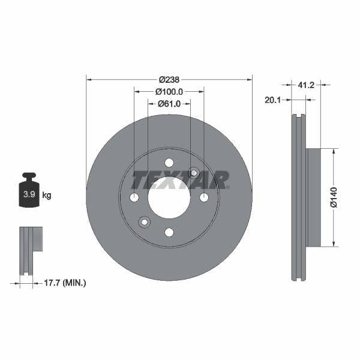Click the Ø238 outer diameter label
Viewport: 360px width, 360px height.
point(170,79)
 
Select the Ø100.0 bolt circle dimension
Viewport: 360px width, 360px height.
point(169,92)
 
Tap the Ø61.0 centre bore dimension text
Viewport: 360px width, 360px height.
point(169,104)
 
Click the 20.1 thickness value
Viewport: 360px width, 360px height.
point(274,100)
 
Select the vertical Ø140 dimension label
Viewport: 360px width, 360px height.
point(334,197)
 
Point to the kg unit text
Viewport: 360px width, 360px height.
point(47,195)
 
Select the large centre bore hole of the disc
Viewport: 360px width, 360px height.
point(169,197)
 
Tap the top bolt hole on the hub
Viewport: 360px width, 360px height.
point(169,163)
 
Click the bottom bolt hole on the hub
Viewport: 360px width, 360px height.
point(169,232)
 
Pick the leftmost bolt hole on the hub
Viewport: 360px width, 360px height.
point(134,197)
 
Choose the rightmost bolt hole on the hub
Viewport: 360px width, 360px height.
point(204,197)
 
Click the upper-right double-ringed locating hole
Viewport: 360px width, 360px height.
point(194,173)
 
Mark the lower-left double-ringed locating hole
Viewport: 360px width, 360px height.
point(145,222)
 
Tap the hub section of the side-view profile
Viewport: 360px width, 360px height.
point(314,197)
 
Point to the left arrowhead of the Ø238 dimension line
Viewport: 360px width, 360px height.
point(89,79)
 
